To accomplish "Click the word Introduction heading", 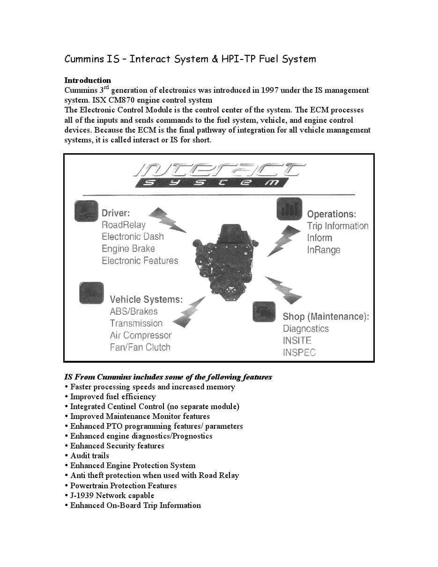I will point(88,80).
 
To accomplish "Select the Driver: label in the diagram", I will point(116,213).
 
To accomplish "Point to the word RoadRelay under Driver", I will point(124,225).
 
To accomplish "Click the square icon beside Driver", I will point(86,211).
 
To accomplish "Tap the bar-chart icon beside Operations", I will point(289,209).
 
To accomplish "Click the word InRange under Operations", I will point(324,250).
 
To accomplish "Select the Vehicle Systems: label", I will point(146,299).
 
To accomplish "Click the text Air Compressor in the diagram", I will point(141,335).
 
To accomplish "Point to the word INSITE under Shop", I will point(297,341).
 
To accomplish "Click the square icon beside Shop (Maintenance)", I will point(264,312).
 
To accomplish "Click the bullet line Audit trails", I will point(89,455).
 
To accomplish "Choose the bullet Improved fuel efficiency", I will point(112,396).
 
